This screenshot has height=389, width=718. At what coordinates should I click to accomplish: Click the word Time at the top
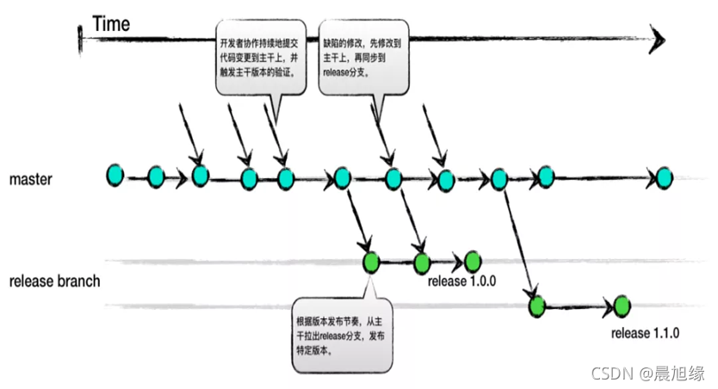point(111,24)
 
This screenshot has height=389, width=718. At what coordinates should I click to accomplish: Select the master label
point(31,180)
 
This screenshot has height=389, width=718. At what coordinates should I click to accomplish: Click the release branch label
point(55,281)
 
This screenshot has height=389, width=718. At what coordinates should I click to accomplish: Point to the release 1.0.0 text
point(461,281)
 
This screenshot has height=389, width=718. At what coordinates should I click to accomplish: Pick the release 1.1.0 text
point(646,333)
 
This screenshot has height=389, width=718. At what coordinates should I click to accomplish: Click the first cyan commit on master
point(115,175)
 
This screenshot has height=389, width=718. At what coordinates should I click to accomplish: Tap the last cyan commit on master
point(663,178)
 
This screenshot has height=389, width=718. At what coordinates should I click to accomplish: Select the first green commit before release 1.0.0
point(372,262)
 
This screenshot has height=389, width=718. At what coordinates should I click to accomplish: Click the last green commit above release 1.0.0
point(472,261)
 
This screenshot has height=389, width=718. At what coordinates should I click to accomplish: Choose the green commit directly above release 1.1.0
point(622,305)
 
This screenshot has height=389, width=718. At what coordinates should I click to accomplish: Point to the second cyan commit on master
point(156,177)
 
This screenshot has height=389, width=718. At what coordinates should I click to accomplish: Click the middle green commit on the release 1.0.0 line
point(422,262)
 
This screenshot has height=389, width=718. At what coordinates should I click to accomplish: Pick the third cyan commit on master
point(201,176)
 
